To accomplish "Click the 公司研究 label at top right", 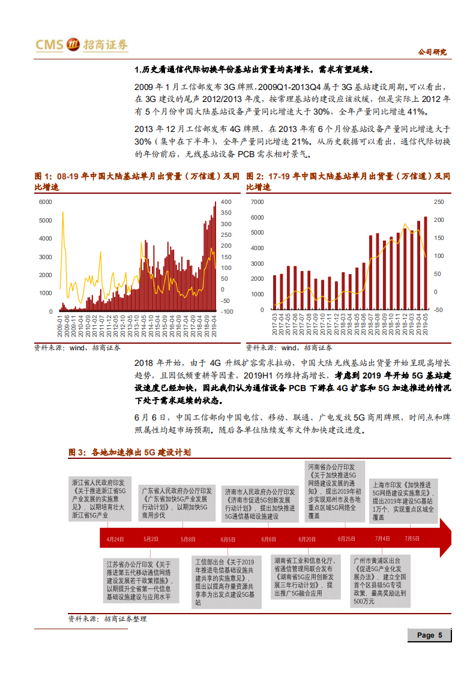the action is click(x=433, y=52).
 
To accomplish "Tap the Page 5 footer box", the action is click(x=429, y=635).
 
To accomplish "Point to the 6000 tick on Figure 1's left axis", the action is click(x=45, y=202).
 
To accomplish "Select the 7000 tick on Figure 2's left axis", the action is click(x=258, y=202).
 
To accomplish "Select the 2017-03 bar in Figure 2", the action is click(x=275, y=292).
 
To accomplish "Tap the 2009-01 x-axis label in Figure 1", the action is click(x=60, y=328).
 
